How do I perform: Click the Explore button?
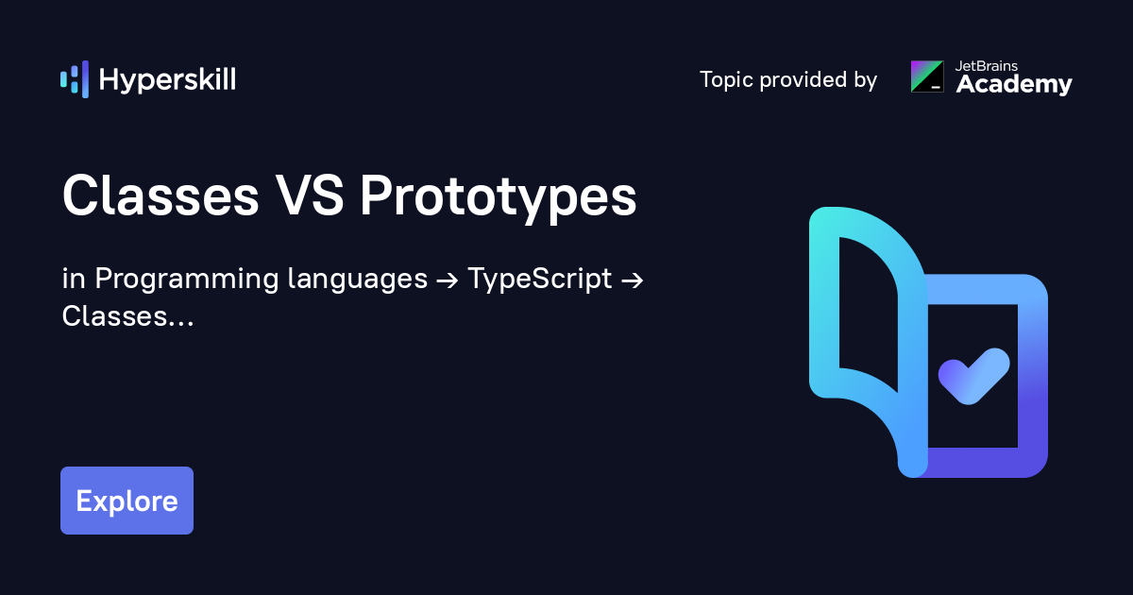tap(127, 501)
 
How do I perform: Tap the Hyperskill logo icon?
tap(75, 79)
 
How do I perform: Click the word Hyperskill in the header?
tap(167, 79)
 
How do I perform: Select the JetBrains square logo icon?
tap(927, 76)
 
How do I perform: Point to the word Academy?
tap(1014, 84)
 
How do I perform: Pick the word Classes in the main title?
tap(160, 197)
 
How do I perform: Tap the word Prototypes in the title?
tap(498, 197)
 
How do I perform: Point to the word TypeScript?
tap(540, 280)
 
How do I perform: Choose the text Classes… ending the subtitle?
tap(127, 316)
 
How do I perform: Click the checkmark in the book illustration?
tap(973, 376)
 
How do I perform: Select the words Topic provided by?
tap(788, 80)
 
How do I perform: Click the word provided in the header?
tap(804, 80)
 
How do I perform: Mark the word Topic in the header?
tap(726, 80)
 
